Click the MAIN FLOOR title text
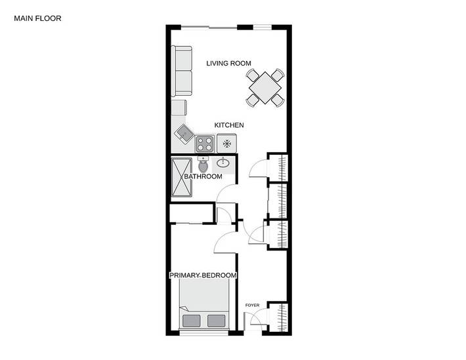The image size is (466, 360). (x=37, y=18)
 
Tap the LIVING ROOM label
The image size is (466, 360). (x=228, y=64)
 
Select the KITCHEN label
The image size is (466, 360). (x=230, y=125)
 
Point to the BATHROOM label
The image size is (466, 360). (x=203, y=176)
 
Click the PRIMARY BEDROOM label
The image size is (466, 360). (x=203, y=275)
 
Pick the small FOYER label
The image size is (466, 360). (x=252, y=306)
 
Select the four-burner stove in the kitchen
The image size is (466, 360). (x=204, y=143)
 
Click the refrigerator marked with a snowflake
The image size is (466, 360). (x=228, y=143)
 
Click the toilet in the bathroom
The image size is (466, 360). (x=203, y=165)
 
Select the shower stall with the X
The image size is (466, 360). (x=182, y=177)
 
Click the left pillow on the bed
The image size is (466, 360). (x=192, y=321)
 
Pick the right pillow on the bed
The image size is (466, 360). (x=215, y=321)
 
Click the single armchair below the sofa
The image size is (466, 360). (x=180, y=108)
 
